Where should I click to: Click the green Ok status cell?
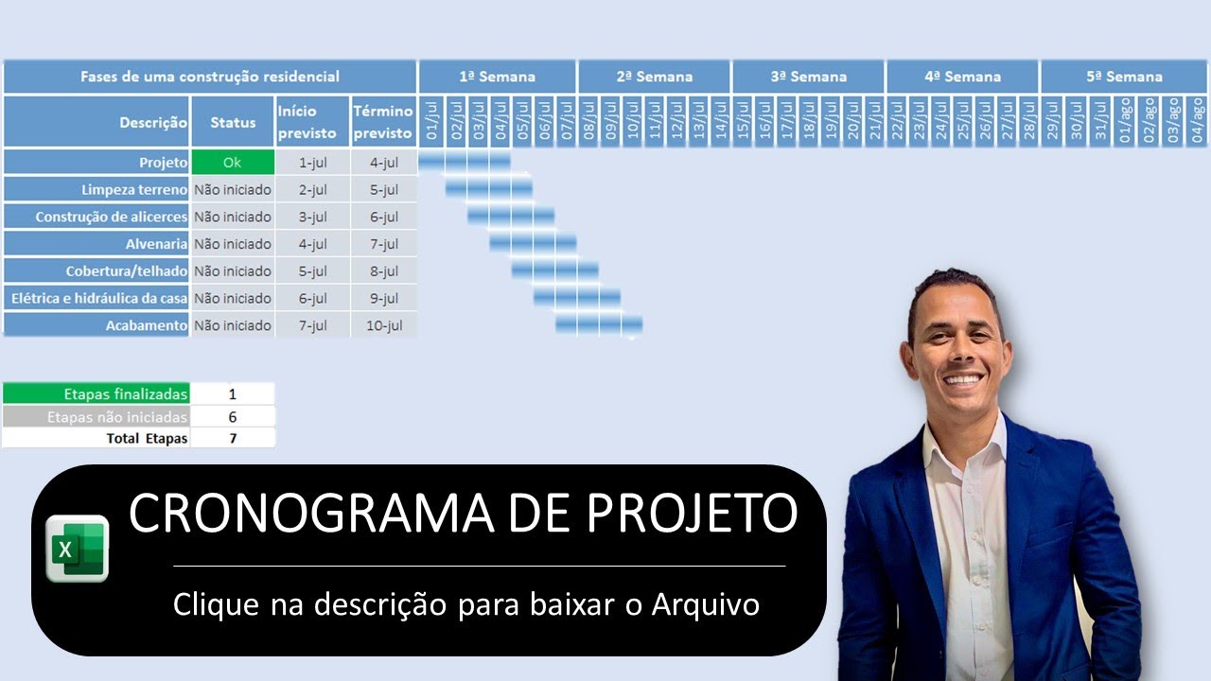tap(233, 162)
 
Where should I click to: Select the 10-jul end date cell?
tap(383, 325)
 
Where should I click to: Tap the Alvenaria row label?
tap(157, 244)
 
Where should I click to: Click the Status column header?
tap(233, 122)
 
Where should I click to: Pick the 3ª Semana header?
tap(808, 77)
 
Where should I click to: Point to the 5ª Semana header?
tap(1124, 77)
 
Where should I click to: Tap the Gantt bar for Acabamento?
tap(599, 325)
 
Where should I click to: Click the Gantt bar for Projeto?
tap(465, 162)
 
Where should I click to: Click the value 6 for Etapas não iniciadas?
tap(233, 416)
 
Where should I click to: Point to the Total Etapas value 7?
tap(233, 438)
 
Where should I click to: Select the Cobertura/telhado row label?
tap(127, 271)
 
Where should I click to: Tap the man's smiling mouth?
tap(962, 378)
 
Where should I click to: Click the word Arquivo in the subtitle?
tap(705, 604)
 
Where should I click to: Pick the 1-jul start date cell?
tap(313, 162)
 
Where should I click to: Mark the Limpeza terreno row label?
tap(134, 189)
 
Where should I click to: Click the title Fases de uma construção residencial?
tap(210, 77)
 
